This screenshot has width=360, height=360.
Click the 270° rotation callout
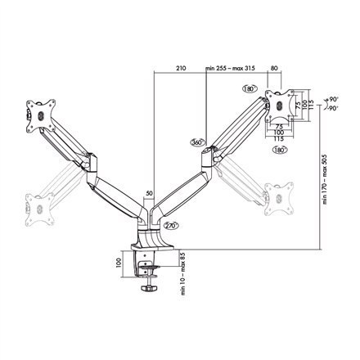[x=171, y=226]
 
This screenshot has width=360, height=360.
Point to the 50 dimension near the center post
[x=148, y=194]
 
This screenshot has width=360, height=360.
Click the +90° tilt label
[x=335, y=98]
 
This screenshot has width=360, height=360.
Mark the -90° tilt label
[x=335, y=107]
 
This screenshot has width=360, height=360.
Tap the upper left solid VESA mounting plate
[x=40, y=113]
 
